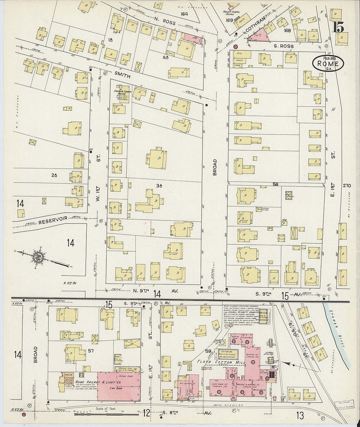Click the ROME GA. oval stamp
[328, 63]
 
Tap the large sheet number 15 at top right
[338, 27]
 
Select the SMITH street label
[122, 76]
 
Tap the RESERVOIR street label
[53, 220]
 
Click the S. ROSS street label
[284, 46]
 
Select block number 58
[276, 185]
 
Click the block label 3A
[159, 186]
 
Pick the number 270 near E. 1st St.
[347, 186]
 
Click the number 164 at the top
[184, 14]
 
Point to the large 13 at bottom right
[300, 416]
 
